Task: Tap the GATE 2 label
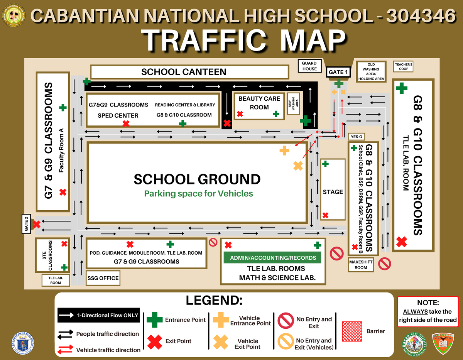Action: click(x=26, y=224)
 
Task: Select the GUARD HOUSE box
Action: click(x=309, y=66)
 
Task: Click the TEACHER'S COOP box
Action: click(x=404, y=67)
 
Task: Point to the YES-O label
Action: click(x=356, y=137)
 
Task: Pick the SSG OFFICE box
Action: click(x=103, y=278)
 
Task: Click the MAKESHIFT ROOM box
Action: click(x=361, y=265)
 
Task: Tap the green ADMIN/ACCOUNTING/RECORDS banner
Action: click(x=273, y=258)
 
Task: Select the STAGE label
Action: click(x=333, y=192)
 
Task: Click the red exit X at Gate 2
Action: click(x=37, y=224)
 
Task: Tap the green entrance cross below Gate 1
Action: click(x=339, y=83)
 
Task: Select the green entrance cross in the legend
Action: click(x=155, y=320)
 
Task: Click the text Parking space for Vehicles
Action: click(x=198, y=193)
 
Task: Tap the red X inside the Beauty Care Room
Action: click(x=240, y=114)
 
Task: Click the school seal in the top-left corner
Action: click(x=14, y=15)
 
